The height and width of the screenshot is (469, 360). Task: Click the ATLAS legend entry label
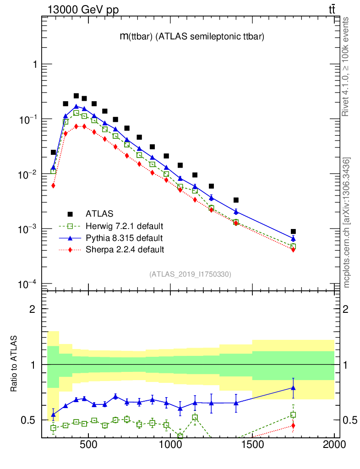pyautogui.click(x=99, y=213)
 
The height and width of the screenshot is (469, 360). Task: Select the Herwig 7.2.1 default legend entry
pyautogui.click(x=124, y=226)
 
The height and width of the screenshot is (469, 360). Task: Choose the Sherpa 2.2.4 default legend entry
pyautogui.click(x=125, y=250)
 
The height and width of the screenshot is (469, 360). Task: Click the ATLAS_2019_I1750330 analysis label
pyautogui.click(x=190, y=274)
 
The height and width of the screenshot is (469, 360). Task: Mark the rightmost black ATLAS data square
pyautogui.click(x=293, y=231)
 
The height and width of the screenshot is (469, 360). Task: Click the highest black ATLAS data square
pyautogui.click(x=76, y=96)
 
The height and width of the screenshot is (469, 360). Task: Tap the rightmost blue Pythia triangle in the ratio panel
pyautogui.click(x=293, y=388)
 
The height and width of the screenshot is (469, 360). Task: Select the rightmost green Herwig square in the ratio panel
pyautogui.click(x=293, y=415)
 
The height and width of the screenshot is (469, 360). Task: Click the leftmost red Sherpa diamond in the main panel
pyautogui.click(x=53, y=185)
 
